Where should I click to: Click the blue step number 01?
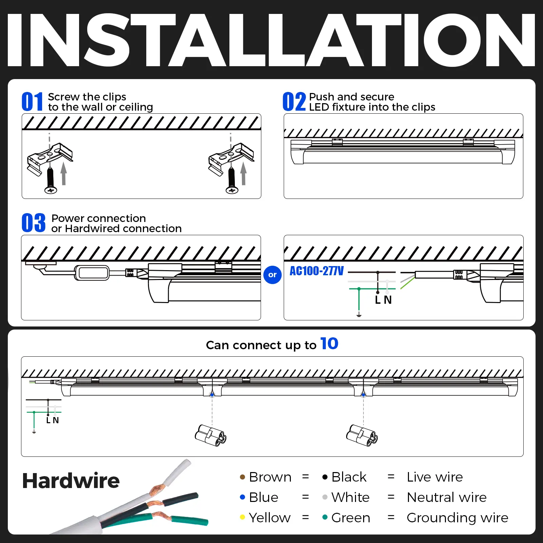click(x=32, y=101)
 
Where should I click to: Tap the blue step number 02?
click(x=294, y=101)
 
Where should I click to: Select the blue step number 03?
click(x=33, y=223)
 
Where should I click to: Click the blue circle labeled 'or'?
click(x=273, y=275)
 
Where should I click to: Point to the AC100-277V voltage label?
click(x=317, y=271)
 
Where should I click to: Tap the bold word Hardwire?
click(x=71, y=481)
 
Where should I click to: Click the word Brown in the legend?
click(x=270, y=477)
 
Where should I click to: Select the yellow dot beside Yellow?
click(x=242, y=517)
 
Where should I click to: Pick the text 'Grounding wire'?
click(x=457, y=518)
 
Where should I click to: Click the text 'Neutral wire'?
click(x=447, y=497)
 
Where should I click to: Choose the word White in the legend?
click(x=350, y=497)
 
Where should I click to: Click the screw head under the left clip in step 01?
click(x=51, y=190)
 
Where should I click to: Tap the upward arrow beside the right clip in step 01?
click(x=243, y=173)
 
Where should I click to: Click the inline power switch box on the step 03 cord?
click(x=92, y=273)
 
